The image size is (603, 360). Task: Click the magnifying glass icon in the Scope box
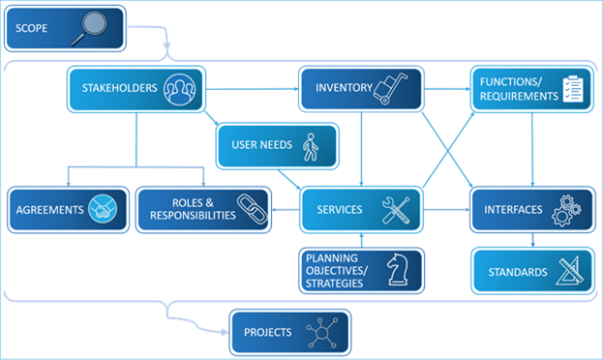(x=94, y=28)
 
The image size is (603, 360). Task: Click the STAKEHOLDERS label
(x=119, y=89)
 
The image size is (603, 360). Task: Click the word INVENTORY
(x=344, y=89)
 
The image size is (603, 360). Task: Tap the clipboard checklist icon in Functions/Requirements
(x=575, y=88)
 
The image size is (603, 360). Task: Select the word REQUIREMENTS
(x=519, y=96)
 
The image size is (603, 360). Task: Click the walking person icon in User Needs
(x=310, y=146)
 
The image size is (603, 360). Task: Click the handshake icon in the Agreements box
(x=103, y=209)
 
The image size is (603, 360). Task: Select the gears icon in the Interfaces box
(x=564, y=210)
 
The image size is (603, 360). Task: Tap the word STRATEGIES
(x=334, y=284)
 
